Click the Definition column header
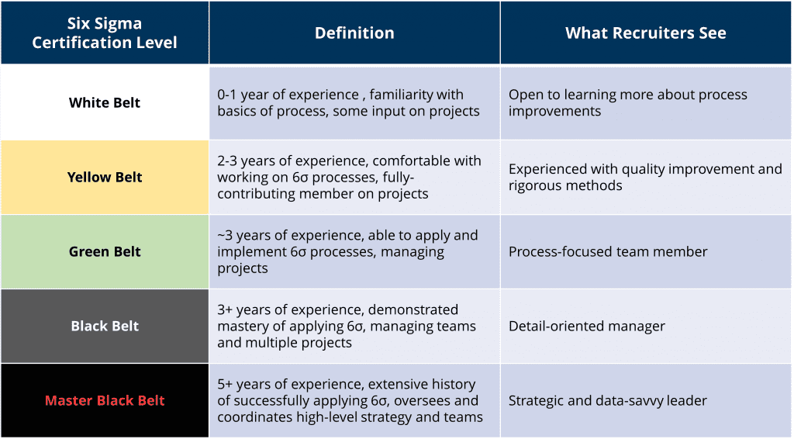tap(354, 33)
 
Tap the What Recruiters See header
tap(646, 33)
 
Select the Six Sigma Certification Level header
tap(105, 33)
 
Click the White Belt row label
tap(105, 103)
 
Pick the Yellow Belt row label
tap(105, 177)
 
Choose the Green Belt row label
tap(105, 251)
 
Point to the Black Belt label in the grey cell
tap(105, 326)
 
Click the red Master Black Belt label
tap(105, 400)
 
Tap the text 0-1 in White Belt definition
tap(227, 95)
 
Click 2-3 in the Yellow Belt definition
tap(227, 161)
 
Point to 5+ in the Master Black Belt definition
tap(226, 384)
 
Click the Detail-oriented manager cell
tap(587, 326)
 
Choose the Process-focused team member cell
tap(608, 251)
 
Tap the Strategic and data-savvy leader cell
tap(608, 400)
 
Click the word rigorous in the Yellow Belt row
tap(536, 186)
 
